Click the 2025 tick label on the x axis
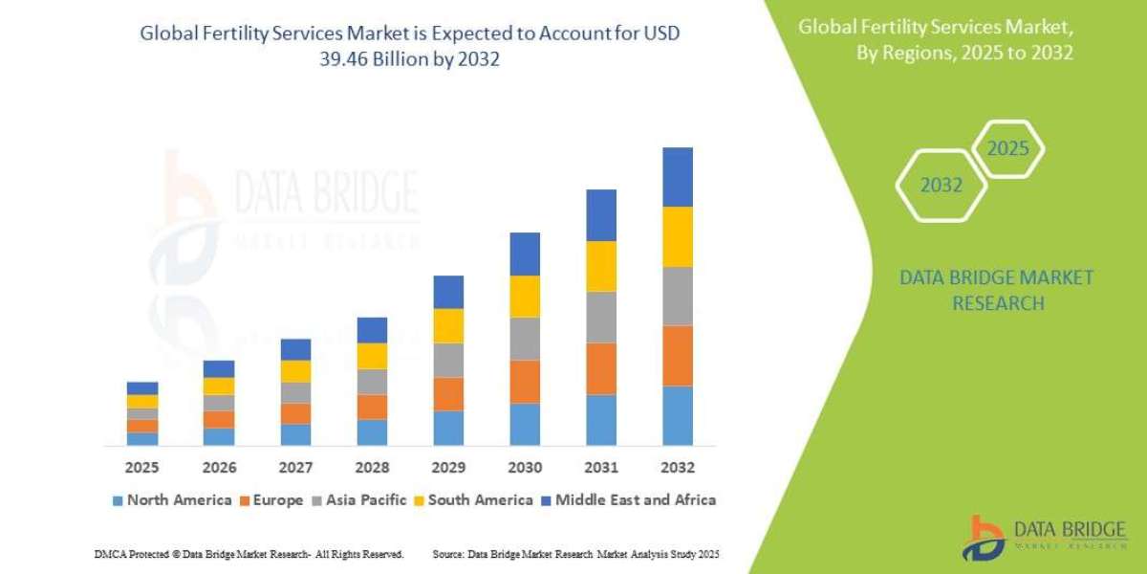click(142, 468)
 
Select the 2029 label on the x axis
click(448, 468)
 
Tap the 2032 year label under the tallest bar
click(677, 468)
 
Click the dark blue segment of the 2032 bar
click(677, 177)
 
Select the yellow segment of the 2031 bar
click(601, 266)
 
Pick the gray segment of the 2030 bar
click(525, 339)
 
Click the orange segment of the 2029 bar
click(448, 394)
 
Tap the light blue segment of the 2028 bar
click(372, 432)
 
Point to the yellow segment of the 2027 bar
click(295, 371)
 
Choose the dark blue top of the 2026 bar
click(219, 368)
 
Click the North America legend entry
click(172, 499)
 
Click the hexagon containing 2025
click(1007, 149)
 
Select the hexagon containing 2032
click(941, 186)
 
